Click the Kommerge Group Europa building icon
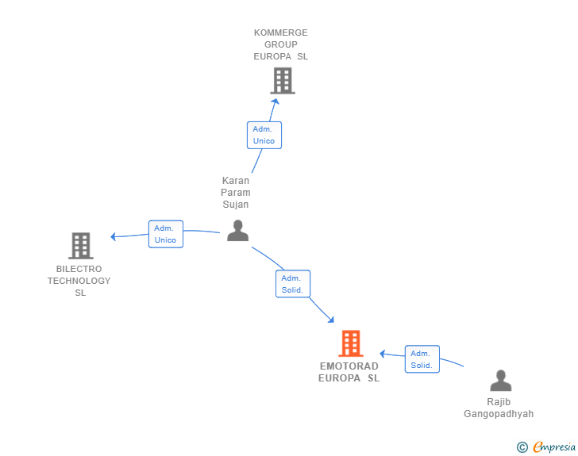point(283,80)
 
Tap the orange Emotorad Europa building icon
point(351,343)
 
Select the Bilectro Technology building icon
point(81,246)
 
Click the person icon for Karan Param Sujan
point(237,231)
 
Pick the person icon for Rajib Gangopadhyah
point(500,381)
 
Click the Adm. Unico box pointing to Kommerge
point(264,135)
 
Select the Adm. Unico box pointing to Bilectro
point(166,234)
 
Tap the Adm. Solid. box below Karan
point(293,284)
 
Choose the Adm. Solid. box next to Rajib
point(422,359)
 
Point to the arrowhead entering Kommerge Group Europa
point(276,102)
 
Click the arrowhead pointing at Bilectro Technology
point(114,236)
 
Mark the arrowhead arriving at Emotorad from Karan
point(331,320)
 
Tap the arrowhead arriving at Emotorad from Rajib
point(382,354)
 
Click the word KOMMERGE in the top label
point(281,33)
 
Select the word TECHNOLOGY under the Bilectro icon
point(79,281)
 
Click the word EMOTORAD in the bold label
point(349,366)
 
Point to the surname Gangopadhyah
point(499,414)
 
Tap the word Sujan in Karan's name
point(236,205)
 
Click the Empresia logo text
point(554,447)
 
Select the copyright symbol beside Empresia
point(522,447)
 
